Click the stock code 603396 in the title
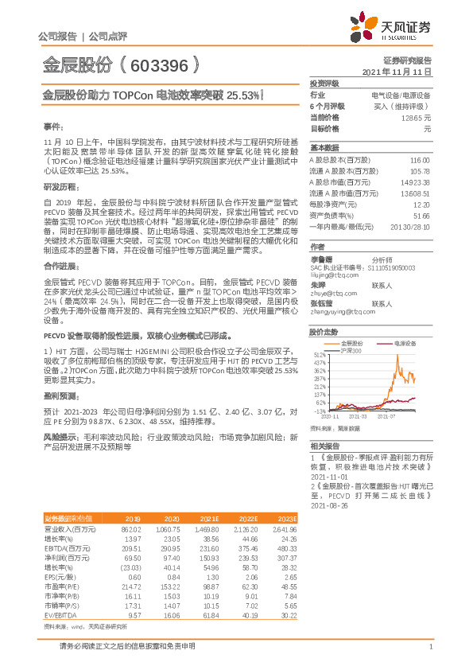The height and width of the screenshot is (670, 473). coord(156,64)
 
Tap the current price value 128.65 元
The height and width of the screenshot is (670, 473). coord(417,117)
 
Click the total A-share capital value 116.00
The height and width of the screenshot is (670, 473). coord(420,160)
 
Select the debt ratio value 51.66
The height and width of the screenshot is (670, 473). coord(421,216)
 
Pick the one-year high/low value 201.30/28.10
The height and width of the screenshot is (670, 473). coord(412,227)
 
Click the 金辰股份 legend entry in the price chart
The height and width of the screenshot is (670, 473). coord(347,343)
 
